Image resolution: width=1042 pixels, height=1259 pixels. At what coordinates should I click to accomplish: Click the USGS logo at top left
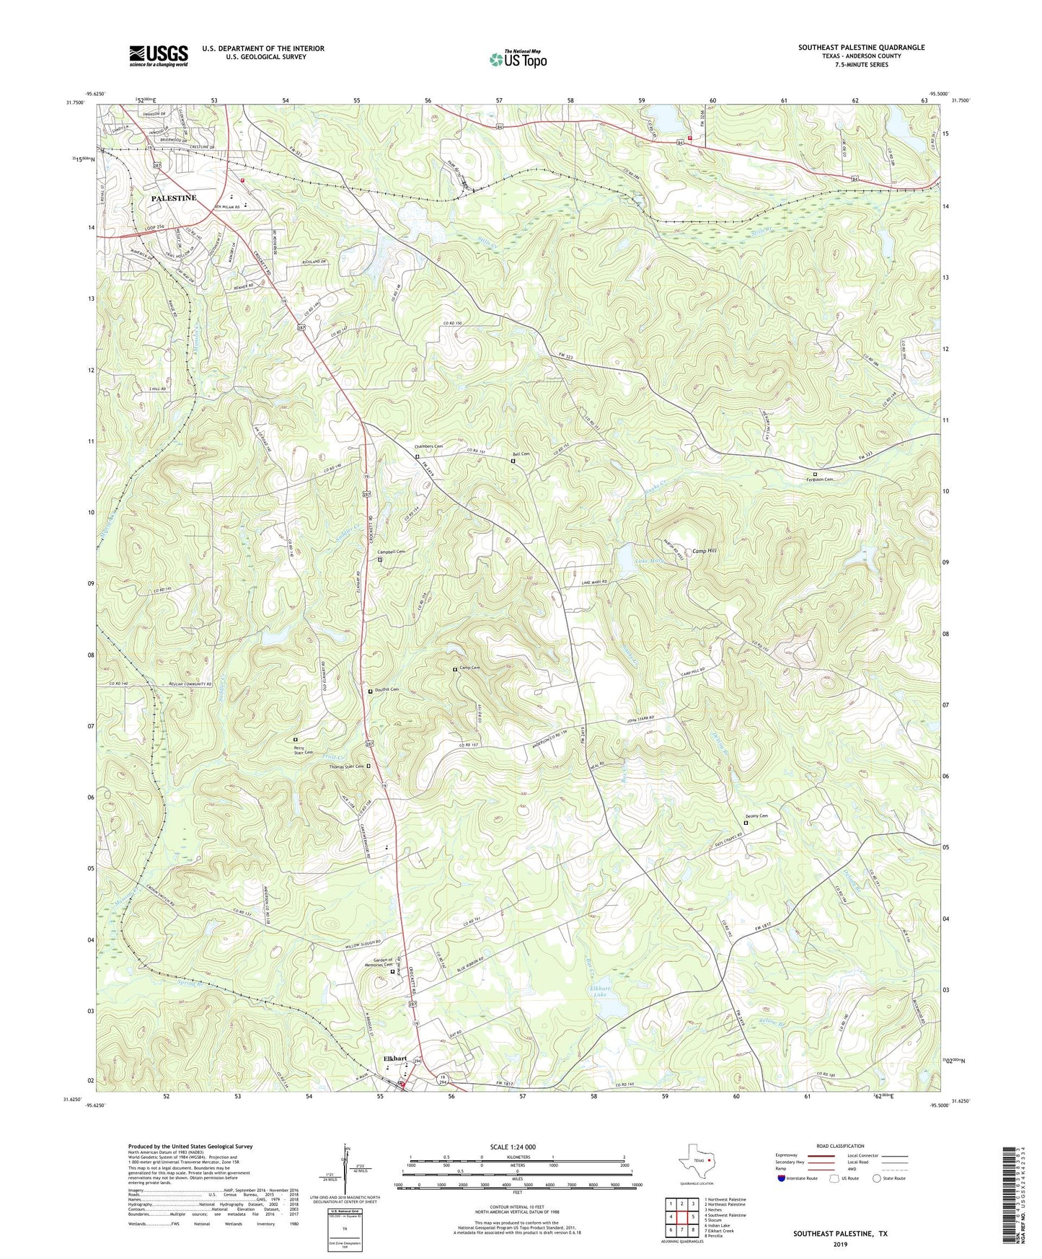point(159,55)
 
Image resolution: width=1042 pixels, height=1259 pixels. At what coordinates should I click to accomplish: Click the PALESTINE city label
point(173,198)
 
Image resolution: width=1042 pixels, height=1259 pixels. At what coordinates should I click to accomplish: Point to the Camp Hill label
point(705,551)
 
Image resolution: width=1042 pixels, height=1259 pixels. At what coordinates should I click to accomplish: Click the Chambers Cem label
point(428,446)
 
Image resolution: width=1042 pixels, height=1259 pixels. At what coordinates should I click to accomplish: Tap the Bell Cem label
point(521,454)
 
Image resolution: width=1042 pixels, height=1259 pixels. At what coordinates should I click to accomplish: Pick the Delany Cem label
point(756,816)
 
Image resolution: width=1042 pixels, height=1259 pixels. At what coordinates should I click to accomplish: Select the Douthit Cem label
point(387,689)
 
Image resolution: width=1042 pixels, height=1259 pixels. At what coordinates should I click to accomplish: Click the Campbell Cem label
point(392,552)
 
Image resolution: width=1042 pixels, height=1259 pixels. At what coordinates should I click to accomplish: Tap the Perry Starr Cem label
point(304,750)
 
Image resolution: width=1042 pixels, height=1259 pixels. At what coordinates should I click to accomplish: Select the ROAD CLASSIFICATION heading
point(841,1146)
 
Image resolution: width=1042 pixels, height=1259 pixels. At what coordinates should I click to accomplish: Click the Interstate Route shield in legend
point(784,1178)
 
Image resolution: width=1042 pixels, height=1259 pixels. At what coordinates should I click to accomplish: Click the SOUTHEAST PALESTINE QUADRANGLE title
point(861,48)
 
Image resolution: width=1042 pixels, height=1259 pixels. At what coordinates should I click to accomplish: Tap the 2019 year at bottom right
point(840,1244)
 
